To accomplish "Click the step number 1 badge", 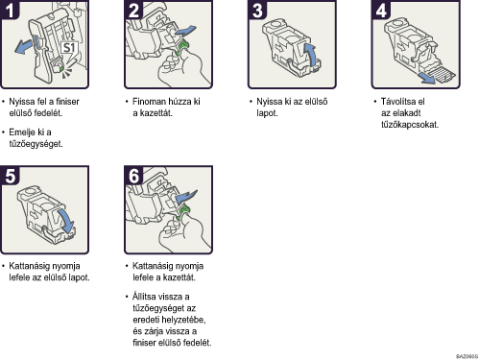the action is tap(10, 10).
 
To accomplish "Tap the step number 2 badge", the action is tap(133, 10).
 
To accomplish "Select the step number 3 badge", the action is tap(257, 10).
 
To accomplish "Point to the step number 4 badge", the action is tap(381, 10).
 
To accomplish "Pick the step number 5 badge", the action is tap(10, 176).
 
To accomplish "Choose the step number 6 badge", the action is tap(133, 176).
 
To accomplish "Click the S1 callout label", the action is tap(69, 48).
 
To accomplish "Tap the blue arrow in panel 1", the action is tap(24, 46).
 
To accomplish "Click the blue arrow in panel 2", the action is tap(185, 31).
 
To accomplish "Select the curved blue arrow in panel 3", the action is tap(310, 55).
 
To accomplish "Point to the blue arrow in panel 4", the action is tap(427, 78).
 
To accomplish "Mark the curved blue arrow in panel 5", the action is tap(66, 221).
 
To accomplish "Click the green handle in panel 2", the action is tap(183, 47).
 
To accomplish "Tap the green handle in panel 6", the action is tap(183, 213).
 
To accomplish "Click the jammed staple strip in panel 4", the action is tap(443, 74).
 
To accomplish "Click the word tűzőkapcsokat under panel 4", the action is tap(410, 125).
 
